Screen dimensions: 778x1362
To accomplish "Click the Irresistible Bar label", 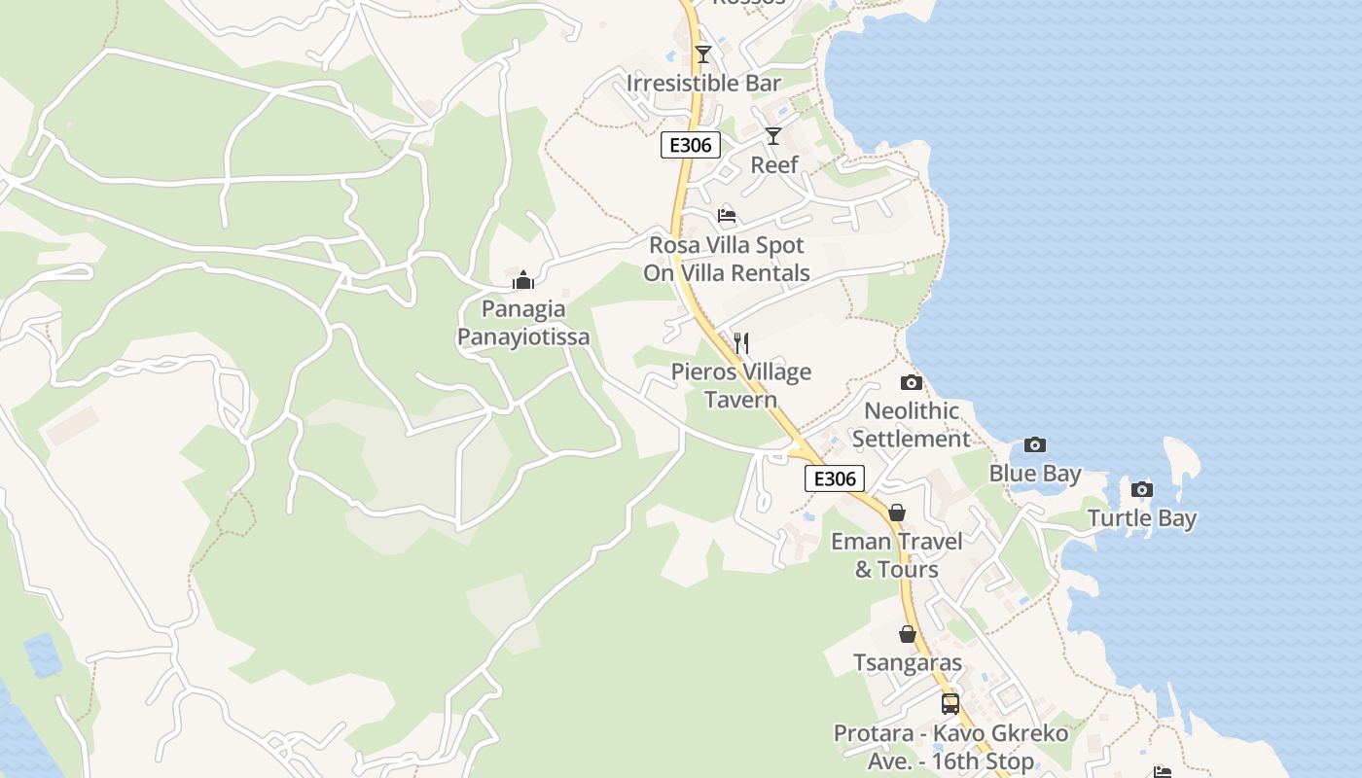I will (x=704, y=84).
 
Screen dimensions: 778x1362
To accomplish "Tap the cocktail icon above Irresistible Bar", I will (x=703, y=53).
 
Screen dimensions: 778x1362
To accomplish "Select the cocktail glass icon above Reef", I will (x=773, y=135).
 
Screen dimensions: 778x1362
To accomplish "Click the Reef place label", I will (x=774, y=165).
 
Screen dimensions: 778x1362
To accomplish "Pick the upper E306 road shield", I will (x=691, y=146).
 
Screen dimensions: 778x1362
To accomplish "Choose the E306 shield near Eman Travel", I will (x=835, y=478).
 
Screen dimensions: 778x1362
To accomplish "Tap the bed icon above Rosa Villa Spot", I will (x=727, y=215).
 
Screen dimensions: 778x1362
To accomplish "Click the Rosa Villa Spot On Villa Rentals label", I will (x=727, y=259).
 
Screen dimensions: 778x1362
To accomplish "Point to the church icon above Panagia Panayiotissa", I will (x=523, y=281).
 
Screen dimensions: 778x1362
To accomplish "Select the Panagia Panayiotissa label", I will (x=523, y=324).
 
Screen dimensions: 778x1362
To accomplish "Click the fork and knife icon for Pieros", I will (x=741, y=342).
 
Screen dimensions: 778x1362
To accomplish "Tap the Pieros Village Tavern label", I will (x=741, y=386).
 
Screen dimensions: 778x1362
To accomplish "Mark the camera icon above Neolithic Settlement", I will (x=912, y=382).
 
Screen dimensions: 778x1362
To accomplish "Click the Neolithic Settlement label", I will (x=912, y=425).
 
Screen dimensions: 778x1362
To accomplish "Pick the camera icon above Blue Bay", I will (x=1035, y=444).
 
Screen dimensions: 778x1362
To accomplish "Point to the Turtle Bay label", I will (x=1142, y=519).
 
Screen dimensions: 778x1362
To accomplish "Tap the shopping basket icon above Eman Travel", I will (x=897, y=512).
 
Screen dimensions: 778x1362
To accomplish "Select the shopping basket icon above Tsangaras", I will (x=908, y=634).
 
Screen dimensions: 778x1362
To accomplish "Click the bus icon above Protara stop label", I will (x=950, y=703).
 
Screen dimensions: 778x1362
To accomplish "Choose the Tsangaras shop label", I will (x=908, y=664).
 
